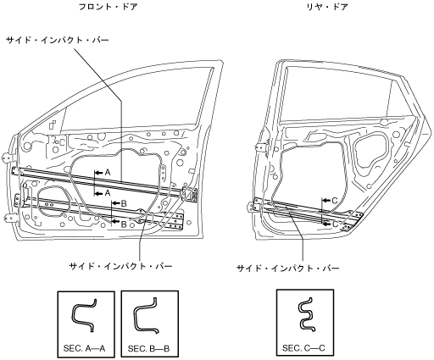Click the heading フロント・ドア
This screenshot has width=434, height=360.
click(x=108, y=7)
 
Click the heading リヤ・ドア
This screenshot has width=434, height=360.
click(x=327, y=7)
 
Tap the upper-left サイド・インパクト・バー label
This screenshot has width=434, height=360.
click(x=58, y=41)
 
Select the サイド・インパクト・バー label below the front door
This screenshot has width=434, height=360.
click(x=120, y=266)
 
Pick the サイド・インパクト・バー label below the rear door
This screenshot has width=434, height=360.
click(x=288, y=268)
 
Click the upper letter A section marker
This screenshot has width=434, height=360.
click(x=108, y=172)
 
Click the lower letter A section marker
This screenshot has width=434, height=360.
click(x=108, y=193)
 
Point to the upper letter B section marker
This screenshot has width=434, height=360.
click(x=124, y=203)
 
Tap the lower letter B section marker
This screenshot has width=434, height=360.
click(x=124, y=224)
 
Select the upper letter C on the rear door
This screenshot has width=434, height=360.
click(x=335, y=201)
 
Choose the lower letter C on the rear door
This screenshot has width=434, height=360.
click(x=335, y=224)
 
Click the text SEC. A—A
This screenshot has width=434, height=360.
click(x=85, y=348)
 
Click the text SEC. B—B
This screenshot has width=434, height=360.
click(x=148, y=349)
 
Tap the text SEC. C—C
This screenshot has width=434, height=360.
click(x=303, y=348)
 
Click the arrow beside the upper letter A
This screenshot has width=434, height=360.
click(x=99, y=172)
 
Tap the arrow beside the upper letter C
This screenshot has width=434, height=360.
click(x=326, y=201)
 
